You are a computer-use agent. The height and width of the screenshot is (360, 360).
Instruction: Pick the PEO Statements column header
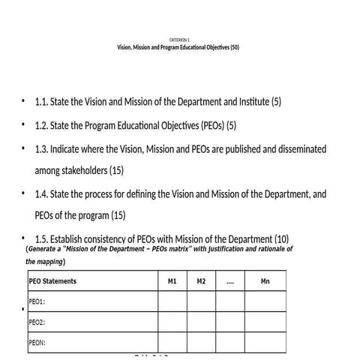coord(52,281)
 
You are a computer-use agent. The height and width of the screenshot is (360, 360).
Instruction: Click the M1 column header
coord(172,281)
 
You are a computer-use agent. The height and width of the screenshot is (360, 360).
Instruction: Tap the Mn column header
coord(265,281)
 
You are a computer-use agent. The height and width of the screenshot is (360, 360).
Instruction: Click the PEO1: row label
coord(37,301)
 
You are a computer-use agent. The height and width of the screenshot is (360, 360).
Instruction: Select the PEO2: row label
coord(37,322)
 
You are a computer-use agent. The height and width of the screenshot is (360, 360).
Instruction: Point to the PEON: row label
coord(37,343)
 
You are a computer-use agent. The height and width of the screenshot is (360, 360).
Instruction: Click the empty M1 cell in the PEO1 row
coord(172,301)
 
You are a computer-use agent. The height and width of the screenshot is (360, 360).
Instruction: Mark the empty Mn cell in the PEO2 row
coord(265,322)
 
